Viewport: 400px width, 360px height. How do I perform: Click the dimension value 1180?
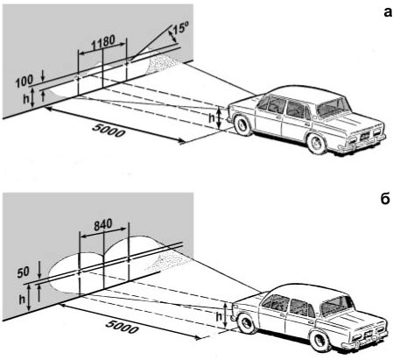(x=103, y=43)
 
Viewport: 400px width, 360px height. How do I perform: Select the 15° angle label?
(x=181, y=28)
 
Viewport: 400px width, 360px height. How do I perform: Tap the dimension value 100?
(x=25, y=81)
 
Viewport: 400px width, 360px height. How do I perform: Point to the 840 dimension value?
(x=103, y=224)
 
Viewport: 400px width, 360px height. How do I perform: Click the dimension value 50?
(x=23, y=272)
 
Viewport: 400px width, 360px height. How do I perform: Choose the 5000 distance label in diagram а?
(x=109, y=131)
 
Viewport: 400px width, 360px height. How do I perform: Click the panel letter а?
(x=387, y=13)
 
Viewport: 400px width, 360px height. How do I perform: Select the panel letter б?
(x=385, y=199)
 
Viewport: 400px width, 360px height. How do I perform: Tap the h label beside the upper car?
(x=212, y=118)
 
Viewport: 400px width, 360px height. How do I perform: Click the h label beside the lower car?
(x=219, y=317)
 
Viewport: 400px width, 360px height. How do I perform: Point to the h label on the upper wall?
(x=26, y=99)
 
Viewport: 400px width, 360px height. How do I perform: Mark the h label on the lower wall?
(x=22, y=299)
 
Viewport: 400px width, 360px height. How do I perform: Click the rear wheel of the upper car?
(x=317, y=144)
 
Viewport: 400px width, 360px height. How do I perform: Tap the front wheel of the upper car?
(x=243, y=125)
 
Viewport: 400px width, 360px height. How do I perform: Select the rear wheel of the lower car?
(x=319, y=340)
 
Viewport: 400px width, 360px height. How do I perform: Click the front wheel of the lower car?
(x=247, y=322)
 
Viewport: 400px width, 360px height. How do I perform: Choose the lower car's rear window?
(x=336, y=307)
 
